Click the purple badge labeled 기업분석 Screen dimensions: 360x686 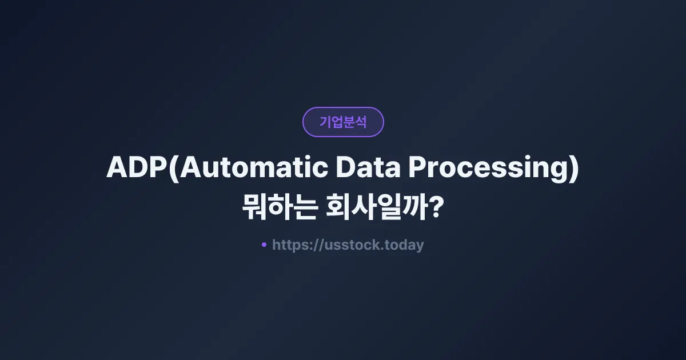point(343,122)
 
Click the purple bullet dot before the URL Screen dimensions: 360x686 point(264,245)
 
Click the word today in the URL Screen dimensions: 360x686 point(405,245)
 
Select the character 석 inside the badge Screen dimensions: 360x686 point(360,122)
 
